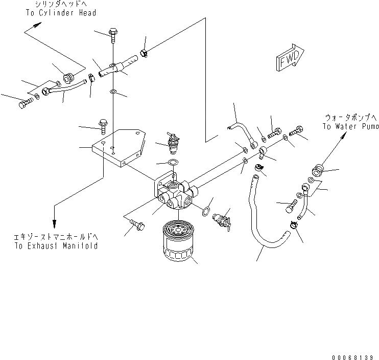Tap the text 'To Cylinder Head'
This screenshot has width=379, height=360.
pyautogui.click(x=60, y=13)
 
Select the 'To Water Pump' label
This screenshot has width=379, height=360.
pyautogui.click(x=350, y=126)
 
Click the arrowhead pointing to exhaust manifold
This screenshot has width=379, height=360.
pyautogui.click(x=54, y=223)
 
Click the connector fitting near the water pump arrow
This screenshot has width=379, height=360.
pyautogui.click(x=317, y=170)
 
